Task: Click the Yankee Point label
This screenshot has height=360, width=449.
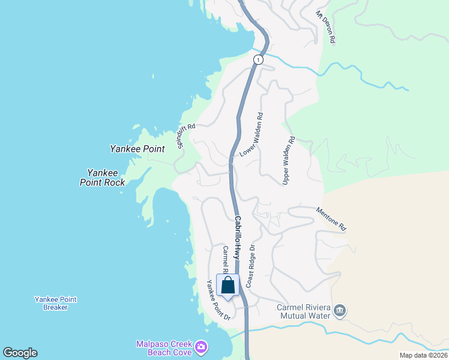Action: click(137, 149)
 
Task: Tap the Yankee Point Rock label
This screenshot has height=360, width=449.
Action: click(102, 177)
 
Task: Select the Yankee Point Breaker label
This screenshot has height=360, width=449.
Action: click(55, 303)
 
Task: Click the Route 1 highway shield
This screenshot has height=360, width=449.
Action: click(258, 59)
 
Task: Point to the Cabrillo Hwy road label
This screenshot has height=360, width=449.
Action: click(240, 238)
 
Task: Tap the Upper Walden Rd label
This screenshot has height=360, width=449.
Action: click(289, 160)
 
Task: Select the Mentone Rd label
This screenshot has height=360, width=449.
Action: click(331, 219)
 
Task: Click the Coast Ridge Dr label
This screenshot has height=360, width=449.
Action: click(250, 265)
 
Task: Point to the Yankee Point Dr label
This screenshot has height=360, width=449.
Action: click(218, 300)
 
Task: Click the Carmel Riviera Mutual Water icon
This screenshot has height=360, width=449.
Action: click(340, 310)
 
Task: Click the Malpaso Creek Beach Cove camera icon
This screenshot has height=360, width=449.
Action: click(202, 347)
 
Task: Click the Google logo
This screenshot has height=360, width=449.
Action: click(20, 353)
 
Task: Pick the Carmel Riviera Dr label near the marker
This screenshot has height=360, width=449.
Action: click(225, 259)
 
